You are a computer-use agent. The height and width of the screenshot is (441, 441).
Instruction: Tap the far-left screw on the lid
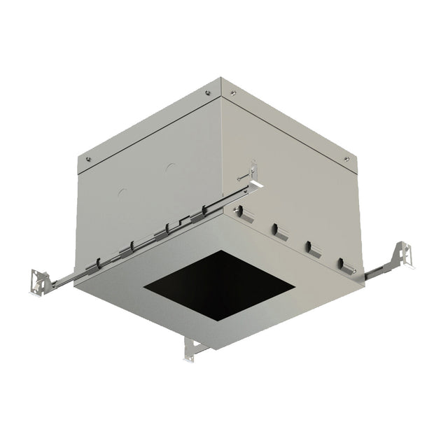pyautogui.click(x=87, y=159)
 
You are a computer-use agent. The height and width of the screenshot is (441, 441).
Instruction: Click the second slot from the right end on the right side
pyautogui.click(x=309, y=246)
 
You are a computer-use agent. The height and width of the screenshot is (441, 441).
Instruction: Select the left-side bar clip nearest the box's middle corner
pyautogui.click(x=204, y=209)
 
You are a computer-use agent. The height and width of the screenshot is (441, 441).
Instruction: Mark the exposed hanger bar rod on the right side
pyautogui.click(x=379, y=267)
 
